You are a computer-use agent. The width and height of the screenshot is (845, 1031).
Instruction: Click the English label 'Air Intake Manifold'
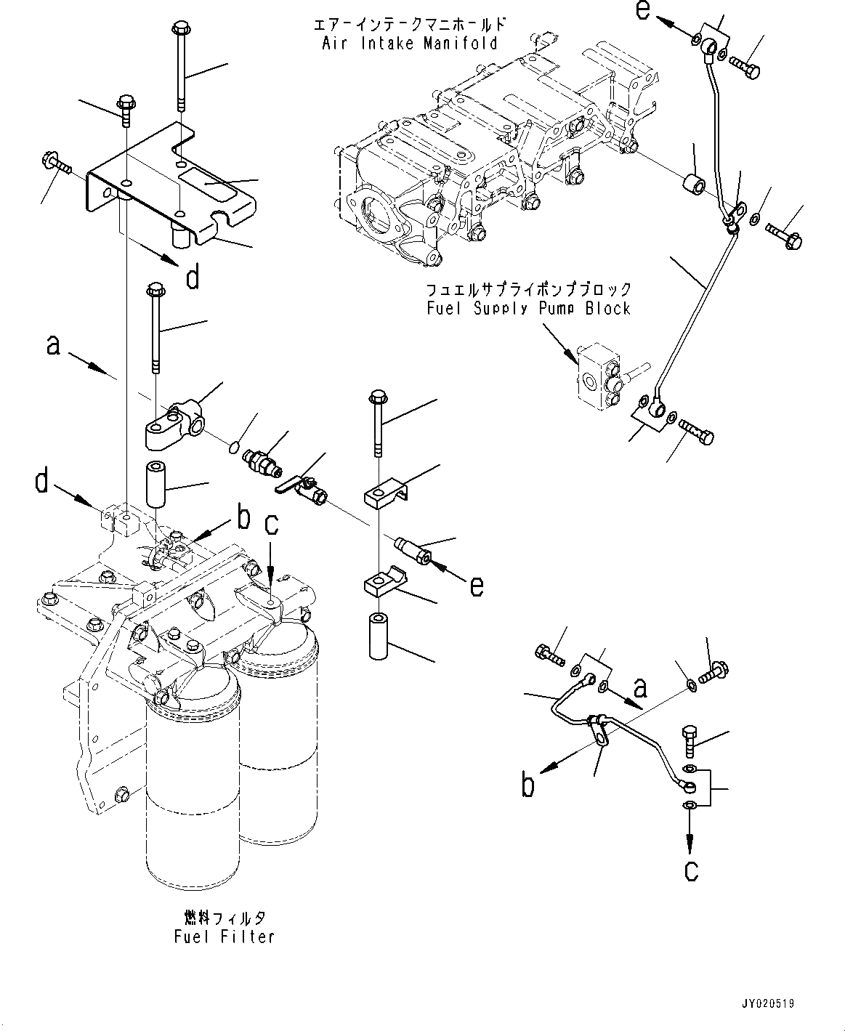[410, 44]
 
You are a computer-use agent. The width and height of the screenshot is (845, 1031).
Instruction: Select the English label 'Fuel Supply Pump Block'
[528, 309]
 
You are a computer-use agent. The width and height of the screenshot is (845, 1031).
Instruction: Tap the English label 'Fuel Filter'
[225, 937]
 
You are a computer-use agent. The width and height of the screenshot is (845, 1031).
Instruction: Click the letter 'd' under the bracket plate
[192, 278]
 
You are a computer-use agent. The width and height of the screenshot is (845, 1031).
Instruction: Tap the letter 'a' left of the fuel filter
[53, 345]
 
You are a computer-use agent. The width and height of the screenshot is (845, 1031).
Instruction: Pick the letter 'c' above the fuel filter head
[270, 525]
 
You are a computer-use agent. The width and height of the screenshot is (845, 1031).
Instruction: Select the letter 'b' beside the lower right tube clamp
[527, 785]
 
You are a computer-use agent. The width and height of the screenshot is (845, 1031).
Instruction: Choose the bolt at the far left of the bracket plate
[57, 163]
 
